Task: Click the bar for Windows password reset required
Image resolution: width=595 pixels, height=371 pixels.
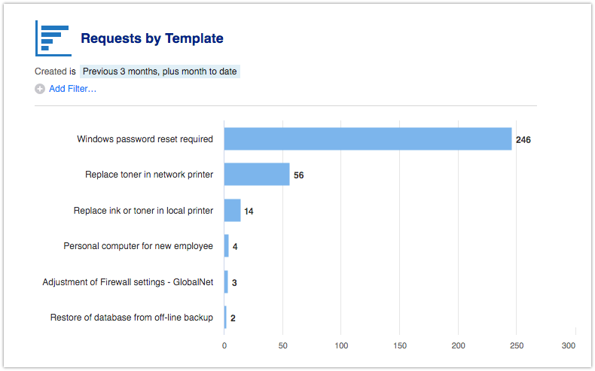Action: click(x=368, y=139)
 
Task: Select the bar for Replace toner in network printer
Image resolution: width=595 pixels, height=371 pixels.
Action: click(x=257, y=175)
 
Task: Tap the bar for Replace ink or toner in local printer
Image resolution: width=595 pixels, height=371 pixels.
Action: click(x=232, y=211)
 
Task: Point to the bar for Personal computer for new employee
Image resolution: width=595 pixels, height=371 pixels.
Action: click(x=226, y=246)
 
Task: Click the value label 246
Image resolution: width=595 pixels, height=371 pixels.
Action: click(x=523, y=140)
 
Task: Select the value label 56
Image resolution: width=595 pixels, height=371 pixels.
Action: click(x=299, y=175)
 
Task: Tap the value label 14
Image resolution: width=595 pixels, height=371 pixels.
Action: click(x=249, y=211)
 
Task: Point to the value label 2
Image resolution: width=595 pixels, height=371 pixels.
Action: click(x=233, y=318)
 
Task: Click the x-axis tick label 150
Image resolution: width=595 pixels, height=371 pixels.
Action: click(x=400, y=345)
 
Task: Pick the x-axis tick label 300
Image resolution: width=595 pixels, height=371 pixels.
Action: click(x=569, y=345)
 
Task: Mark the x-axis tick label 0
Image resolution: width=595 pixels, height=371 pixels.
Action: click(x=224, y=345)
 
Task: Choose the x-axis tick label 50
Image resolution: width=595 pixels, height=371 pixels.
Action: click(x=282, y=345)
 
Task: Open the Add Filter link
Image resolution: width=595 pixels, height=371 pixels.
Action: click(x=72, y=89)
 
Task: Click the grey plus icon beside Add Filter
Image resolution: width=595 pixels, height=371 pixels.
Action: click(x=40, y=89)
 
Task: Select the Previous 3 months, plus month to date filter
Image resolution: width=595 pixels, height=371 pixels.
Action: click(x=160, y=71)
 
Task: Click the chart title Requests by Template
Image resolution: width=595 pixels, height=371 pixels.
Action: click(x=152, y=38)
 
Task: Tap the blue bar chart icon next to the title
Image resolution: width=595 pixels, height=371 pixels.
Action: click(x=53, y=38)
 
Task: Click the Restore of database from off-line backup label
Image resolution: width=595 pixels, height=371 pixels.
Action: click(x=132, y=318)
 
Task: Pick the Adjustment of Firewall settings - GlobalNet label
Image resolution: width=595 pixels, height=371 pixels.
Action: click(x=128, y=282)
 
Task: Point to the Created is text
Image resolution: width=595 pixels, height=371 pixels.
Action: click(x=55, y=71)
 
